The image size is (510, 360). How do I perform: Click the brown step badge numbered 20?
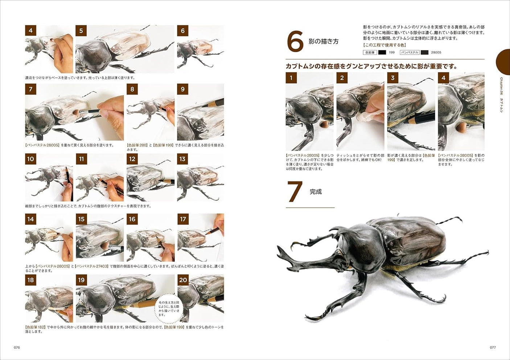click(x=183, y=280)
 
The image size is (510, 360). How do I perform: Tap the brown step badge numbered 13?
click(x=182, y=159)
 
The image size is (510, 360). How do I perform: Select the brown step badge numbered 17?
click(x=183, y=219)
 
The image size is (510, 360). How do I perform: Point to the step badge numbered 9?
click(x=183, y=89)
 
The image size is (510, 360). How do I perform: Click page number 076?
click(x=17, y=347)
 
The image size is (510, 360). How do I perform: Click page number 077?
click(x=493, y=347)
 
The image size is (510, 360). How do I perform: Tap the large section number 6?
click(x=295, y=42)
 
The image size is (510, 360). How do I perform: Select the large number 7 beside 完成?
click(x=295, y=192)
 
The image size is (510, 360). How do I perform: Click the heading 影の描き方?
click(x=323, y=41)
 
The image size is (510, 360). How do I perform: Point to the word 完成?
click(x=316, y=192)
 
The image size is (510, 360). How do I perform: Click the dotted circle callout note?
click(x=169, y=309)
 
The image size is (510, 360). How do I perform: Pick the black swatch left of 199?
click(x=382, y=53)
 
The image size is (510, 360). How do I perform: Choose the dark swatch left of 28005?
click(x=424, y=53)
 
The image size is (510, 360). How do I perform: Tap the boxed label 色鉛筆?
click(x=370, y=53)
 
